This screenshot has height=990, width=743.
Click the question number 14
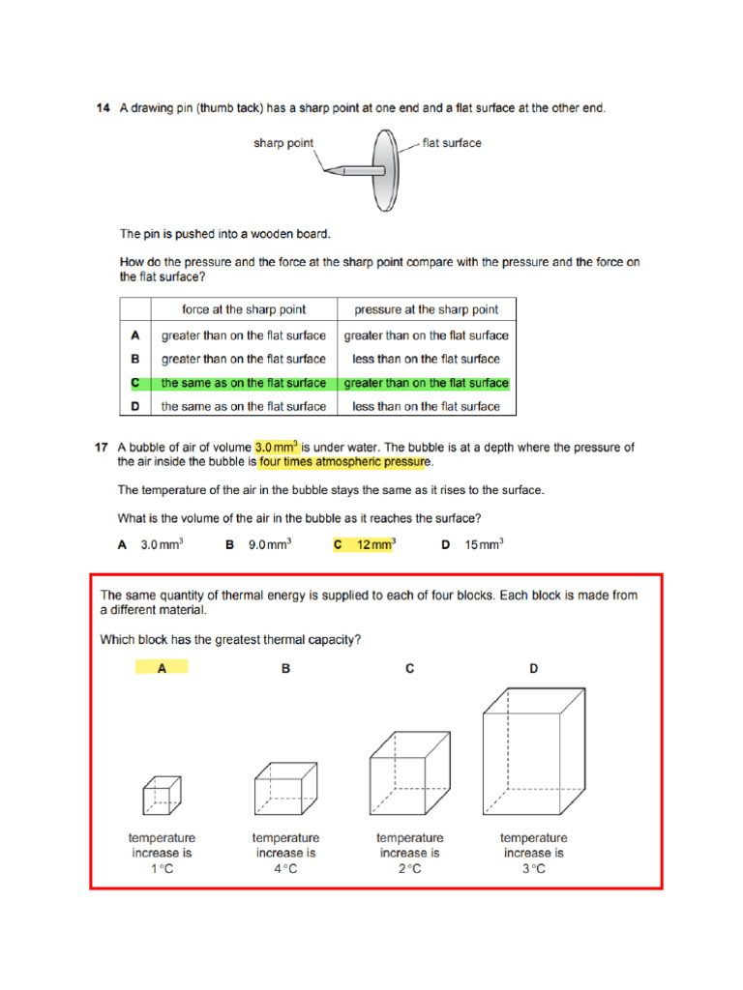tap(103, 108)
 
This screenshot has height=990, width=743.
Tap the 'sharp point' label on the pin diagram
tap(283, 143)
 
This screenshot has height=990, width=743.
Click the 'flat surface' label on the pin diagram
tap(452, 143)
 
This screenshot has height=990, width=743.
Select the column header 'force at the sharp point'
tap(244, 309)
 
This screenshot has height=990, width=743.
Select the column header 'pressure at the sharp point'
tap(426, 309)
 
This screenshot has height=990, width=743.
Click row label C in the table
tap(136, 383)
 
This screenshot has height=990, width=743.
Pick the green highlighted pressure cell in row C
tap(426, 383)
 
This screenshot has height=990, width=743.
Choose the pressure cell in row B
tap(426, 359)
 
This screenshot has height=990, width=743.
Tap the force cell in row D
tap(244, 406)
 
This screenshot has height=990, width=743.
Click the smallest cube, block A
tap(162, 795)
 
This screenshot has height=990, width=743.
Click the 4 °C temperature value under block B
tap(285, 869)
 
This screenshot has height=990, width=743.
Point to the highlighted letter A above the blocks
tap(162, 668)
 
